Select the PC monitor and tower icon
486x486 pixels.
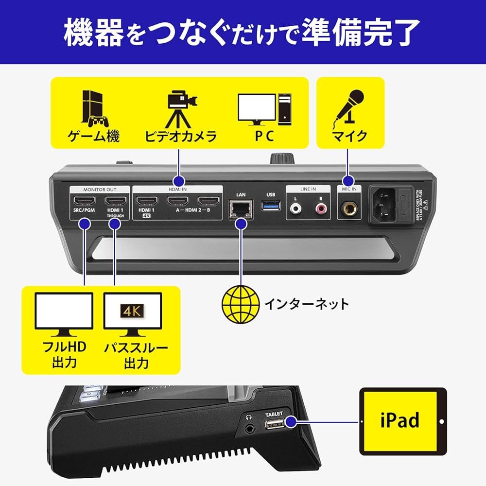(x=265, y=108)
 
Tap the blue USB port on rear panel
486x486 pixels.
(x=270, y=208)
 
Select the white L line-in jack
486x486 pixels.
(x=296, y=209)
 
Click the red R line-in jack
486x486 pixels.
(x=321, y=209)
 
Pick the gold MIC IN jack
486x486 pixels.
(x=348, y=209)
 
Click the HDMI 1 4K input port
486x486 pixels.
(x=146, y=202)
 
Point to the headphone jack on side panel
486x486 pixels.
(x=251, y=428)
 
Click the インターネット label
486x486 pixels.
(x=306, y=305)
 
